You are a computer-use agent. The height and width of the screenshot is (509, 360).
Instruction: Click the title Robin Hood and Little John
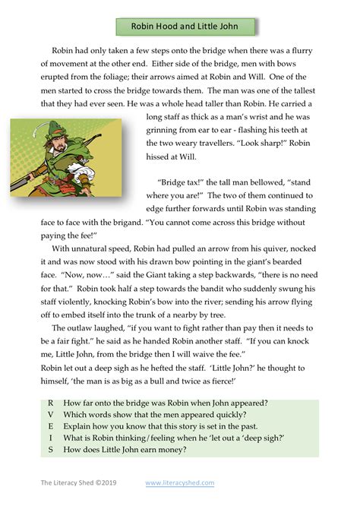(x=185, y=27)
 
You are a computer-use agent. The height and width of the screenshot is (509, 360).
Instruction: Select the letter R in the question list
(x=50, y=403)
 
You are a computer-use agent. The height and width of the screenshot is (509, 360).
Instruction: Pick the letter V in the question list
(x=50, y=414)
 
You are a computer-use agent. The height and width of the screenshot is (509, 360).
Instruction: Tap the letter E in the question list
(x=50, y=426)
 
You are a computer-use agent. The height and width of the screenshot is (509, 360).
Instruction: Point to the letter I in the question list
(x=50, y=438)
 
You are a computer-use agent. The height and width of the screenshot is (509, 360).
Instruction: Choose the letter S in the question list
(x=50, y=450)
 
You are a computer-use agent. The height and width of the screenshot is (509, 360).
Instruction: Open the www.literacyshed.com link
(x=180, y=482)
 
